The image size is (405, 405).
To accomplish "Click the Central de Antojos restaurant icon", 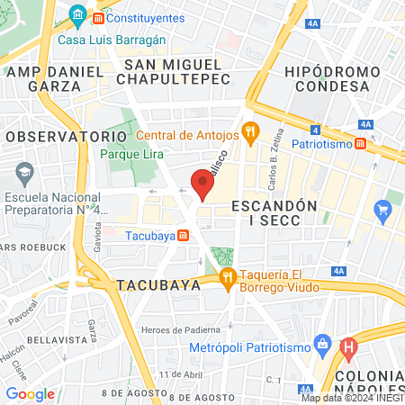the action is coord(251,135).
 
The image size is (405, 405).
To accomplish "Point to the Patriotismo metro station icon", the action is coord(360,143).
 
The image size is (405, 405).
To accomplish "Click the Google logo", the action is coord(30,393).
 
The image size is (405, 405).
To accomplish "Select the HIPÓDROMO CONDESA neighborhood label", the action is coord(326,78).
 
